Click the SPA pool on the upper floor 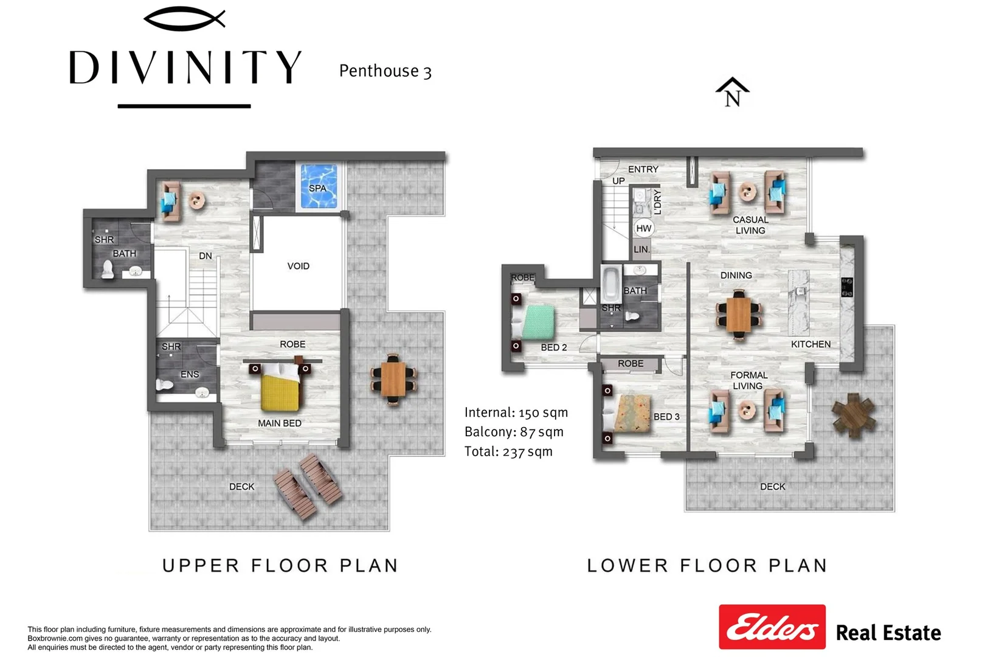(319, 187)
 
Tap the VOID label (298, 266)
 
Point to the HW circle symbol (644, 228)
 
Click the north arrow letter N (733, 99)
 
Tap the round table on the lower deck (854, 415)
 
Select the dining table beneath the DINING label (739, 314)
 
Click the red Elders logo (772, 627)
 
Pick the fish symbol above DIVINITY (184, 19)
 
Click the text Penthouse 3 (385, 71)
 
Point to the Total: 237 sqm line (508, 451)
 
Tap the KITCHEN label (811, 344)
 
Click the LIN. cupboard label (641, 249)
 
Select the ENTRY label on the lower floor (643, 169)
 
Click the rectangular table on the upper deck (393, 380)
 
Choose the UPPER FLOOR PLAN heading (280, 566)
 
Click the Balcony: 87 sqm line (514, 432)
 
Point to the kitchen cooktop (847, 287)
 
